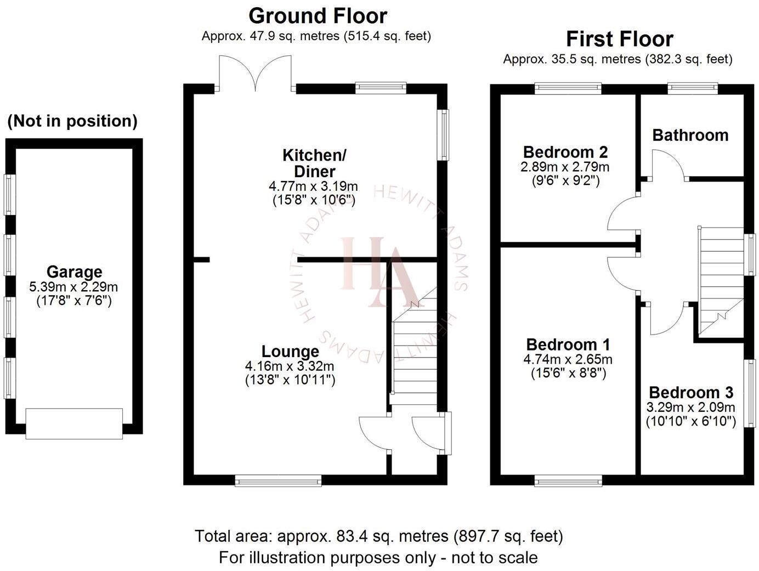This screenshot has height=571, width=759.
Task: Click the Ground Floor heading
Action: click(318, 16)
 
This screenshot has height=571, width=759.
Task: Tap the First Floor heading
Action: click(619, 39)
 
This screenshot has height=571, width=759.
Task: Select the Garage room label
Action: click(74, 272)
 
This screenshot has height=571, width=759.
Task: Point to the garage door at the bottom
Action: click(74, 423)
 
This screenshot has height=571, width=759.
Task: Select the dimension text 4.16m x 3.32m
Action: click(290, 366)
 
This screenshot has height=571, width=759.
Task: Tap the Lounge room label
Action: click(290, 352)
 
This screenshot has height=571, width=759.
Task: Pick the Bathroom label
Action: click(690, 135)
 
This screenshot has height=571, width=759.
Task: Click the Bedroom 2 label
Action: click(565, 151)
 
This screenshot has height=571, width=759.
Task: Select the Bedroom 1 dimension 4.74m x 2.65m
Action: click(568, 360)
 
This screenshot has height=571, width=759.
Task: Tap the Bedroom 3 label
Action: click(690, 393)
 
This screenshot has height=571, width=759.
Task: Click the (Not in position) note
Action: click(72, 121)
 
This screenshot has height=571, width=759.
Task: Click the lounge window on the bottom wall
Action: click(278, 481)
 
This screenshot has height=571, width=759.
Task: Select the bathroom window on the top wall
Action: click(692, 87)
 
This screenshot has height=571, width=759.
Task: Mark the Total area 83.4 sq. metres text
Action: click(378, 536)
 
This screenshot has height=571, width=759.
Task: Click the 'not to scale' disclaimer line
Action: click(378, 558)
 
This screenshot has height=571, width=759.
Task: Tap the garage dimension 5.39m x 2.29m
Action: click(73, 286)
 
